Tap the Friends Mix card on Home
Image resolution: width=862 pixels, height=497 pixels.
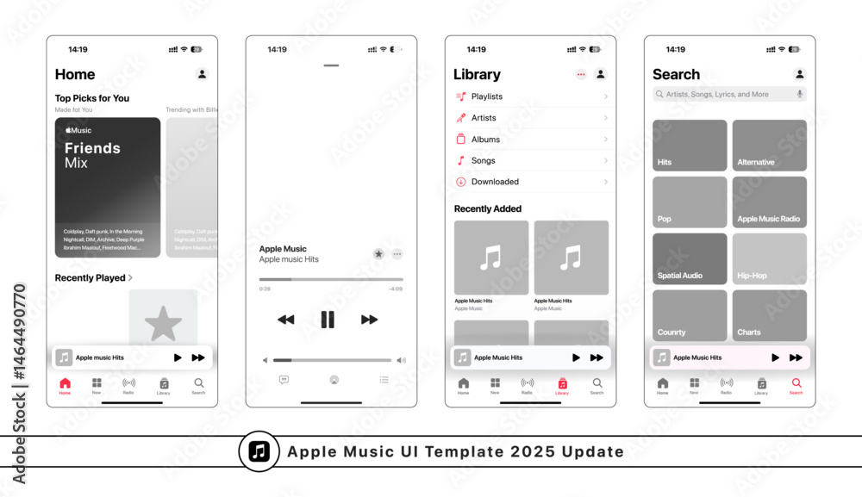pyautogui.click(x=108, y=187)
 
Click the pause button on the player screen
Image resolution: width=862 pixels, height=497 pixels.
pyautogui.click(x=328, y=320)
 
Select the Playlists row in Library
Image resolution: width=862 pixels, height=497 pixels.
pyautogui.click(x=531, y=96)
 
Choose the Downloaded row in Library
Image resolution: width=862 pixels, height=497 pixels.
pyautogui.click(x=531, y=182)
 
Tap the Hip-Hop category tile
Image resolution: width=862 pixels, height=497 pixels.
pyautogui.click(x=770, y=258)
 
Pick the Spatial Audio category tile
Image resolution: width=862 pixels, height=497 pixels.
pyautogui.click(x=690, y=258)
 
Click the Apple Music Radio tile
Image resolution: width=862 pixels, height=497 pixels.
pyautogui.click(x=770, y=202)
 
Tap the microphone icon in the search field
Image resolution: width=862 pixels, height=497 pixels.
pyautogui.click(x=799, y=94)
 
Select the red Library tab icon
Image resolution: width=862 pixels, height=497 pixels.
pyautogui.click(x=562, y=384)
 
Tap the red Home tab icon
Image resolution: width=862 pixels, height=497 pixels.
pyautogui.click(x=65, y=384)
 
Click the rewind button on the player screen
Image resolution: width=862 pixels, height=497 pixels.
pyautogui.click(x=285, y=320)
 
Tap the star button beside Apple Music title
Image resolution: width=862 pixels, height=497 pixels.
pyautogui.click(x=378, y=254)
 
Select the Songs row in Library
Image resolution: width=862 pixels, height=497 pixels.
pyautogui.click(x=531, y=160)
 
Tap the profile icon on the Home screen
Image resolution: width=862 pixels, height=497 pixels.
pyautogui.click(x=203, y=74)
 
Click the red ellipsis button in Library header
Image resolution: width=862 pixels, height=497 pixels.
pyautogui.click(x=581, y=74)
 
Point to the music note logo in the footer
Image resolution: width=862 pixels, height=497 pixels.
pyautogui.click(x=259, y=451)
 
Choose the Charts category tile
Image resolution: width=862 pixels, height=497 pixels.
pyautogui.click(x=770, y=315)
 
